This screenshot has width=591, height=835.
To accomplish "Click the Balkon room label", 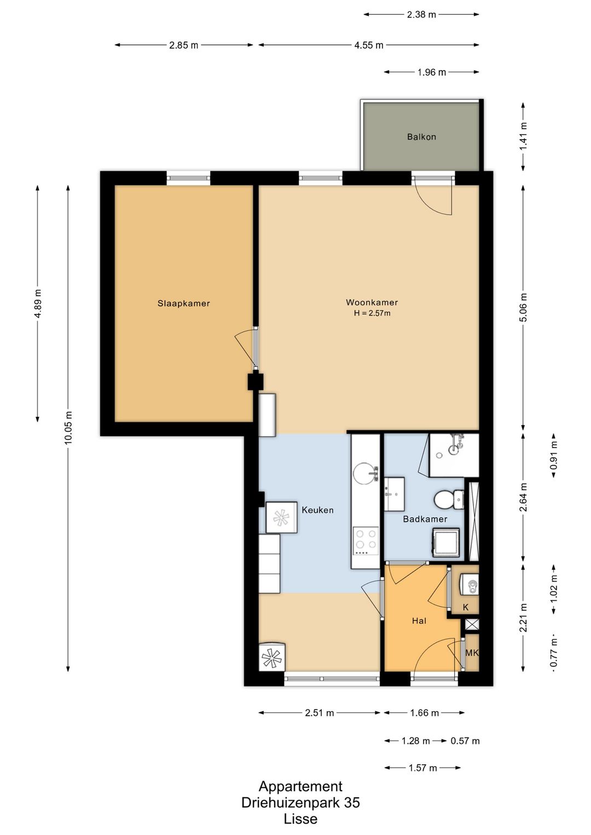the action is tap(421, 137).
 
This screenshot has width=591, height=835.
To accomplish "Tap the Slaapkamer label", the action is tap(183, 304).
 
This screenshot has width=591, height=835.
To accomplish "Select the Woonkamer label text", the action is tap(372, 303).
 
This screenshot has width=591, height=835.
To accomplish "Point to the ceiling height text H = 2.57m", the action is tap(372, 313).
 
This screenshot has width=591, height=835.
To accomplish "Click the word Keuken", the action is tap(317, 510).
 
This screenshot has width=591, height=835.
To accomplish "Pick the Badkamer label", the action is tap(425, 519).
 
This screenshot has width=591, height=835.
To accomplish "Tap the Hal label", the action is tap(419, 621).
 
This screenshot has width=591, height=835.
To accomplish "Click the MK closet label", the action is tap(472, 653).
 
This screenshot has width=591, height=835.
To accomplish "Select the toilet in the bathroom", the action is tap(449, 499).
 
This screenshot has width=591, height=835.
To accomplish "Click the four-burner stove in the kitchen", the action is tap(366, 541).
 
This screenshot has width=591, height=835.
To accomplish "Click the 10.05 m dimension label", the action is tap(68, 427).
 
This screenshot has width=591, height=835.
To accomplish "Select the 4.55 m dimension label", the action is tap(368, 45).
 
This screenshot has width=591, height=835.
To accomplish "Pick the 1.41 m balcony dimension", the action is tap(524, 136).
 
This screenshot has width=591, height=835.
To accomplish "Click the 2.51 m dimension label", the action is tap(319, 713).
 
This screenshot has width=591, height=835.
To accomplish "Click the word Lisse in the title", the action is tap(300, 819).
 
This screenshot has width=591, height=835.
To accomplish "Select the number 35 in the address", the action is tap(352, 802).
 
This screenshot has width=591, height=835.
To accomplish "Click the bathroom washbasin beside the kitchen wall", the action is tap(395, 494).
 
